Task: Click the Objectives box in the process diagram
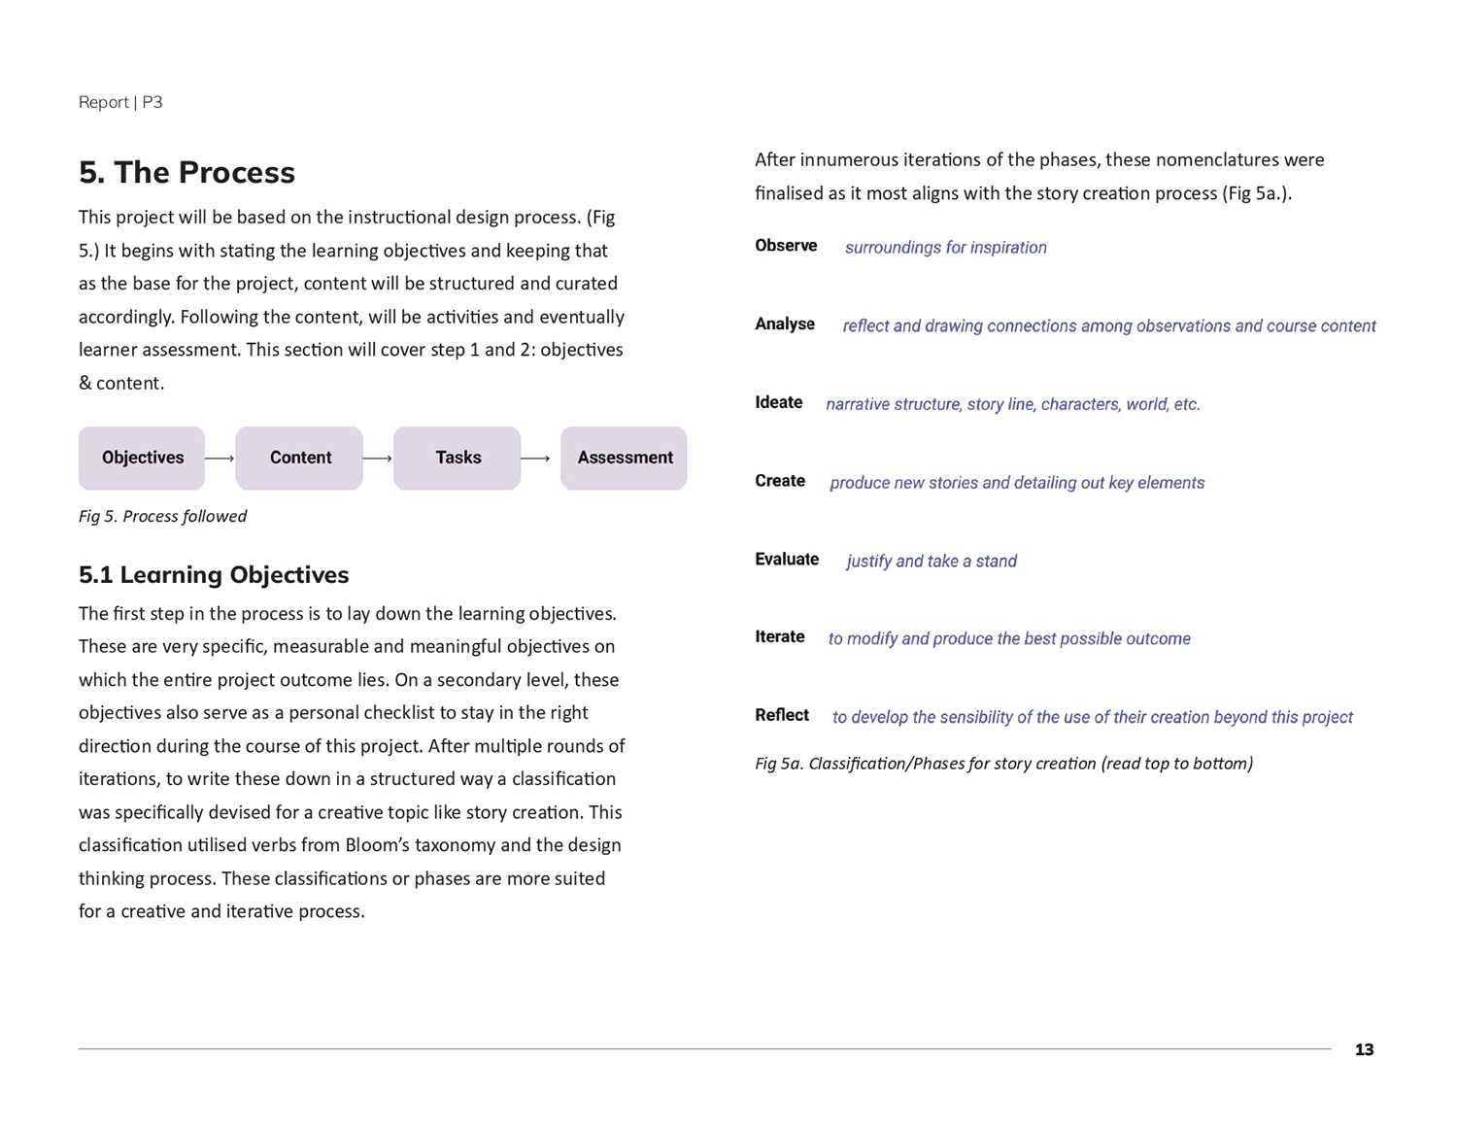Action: (142, 458)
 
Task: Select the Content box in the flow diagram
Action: (299, 458)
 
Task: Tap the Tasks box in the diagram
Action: (457, 458)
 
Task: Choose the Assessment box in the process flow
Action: (624, 458)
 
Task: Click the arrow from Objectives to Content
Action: (220, 459)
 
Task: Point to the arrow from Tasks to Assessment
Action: (535, 459)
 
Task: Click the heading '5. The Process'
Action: (186, 173)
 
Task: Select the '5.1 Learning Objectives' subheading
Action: (214, 575)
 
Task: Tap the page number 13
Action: (1364, 1050)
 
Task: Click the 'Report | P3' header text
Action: (120, 102)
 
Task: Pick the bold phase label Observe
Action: (786, 246)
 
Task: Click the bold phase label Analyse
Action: (785, 324)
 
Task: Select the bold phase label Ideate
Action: (779, 402)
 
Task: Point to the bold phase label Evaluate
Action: (787, 560)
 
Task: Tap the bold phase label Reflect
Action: (782, 716)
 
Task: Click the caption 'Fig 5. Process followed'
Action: (162, 516)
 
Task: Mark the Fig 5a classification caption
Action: (1003, 764)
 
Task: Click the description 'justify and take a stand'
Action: (932, 562)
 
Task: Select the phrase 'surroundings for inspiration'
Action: (945, 248)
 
